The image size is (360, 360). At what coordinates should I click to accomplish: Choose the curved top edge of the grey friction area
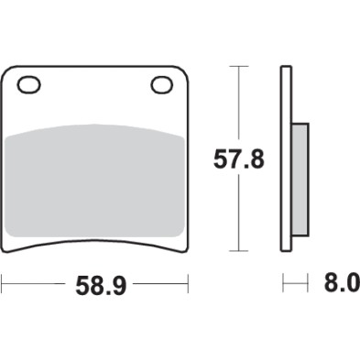[x=95, y=125]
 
